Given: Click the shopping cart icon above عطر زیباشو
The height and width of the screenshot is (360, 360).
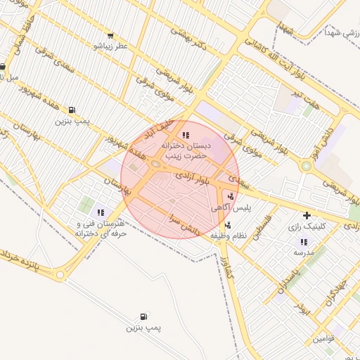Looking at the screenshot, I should (x=110, y=36).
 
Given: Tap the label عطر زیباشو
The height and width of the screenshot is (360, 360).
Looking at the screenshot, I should (x=112, y=46).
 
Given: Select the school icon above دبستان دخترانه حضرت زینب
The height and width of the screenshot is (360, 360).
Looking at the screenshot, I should (x=185, y=134).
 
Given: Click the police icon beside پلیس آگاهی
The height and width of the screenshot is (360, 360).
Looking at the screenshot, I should (x=231, y=196).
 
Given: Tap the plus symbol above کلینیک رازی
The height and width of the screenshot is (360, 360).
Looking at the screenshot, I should (x=306, y=215).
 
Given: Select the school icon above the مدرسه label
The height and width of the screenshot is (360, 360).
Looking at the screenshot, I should (x=303, y=241).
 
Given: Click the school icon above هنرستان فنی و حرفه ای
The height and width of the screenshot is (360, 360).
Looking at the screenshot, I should (x=101, y=212).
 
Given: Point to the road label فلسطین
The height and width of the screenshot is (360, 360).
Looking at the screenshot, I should (x=258, y=231).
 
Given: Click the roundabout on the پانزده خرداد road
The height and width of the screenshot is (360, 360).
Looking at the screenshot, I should (x=61, y=275).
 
